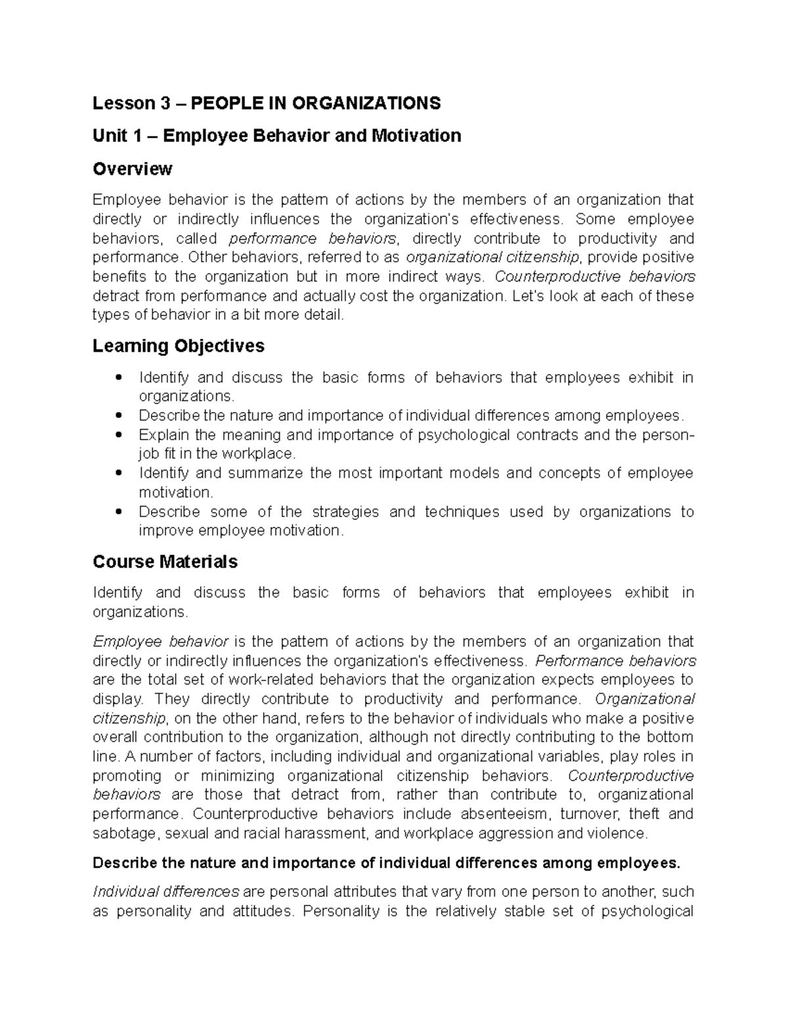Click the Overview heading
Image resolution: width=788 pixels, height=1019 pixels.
tap(133, 169)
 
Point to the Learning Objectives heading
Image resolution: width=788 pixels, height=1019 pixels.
tap(179, 346)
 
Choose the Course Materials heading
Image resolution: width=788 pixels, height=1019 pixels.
tap(165, 562)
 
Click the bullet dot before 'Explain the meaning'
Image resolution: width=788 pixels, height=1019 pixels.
tap(118, 435)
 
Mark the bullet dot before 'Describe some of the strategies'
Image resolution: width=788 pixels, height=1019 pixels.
tap(118, 512)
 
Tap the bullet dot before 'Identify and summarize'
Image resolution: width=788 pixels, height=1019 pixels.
tap(118, 473)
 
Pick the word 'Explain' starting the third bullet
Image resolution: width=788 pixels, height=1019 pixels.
tap(164, 435)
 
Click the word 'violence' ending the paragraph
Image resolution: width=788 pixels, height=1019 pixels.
tap(619, 833)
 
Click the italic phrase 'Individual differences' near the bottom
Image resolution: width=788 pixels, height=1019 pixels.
tap(166, 892)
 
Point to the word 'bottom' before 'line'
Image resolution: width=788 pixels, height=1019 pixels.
tap(669, 737)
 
